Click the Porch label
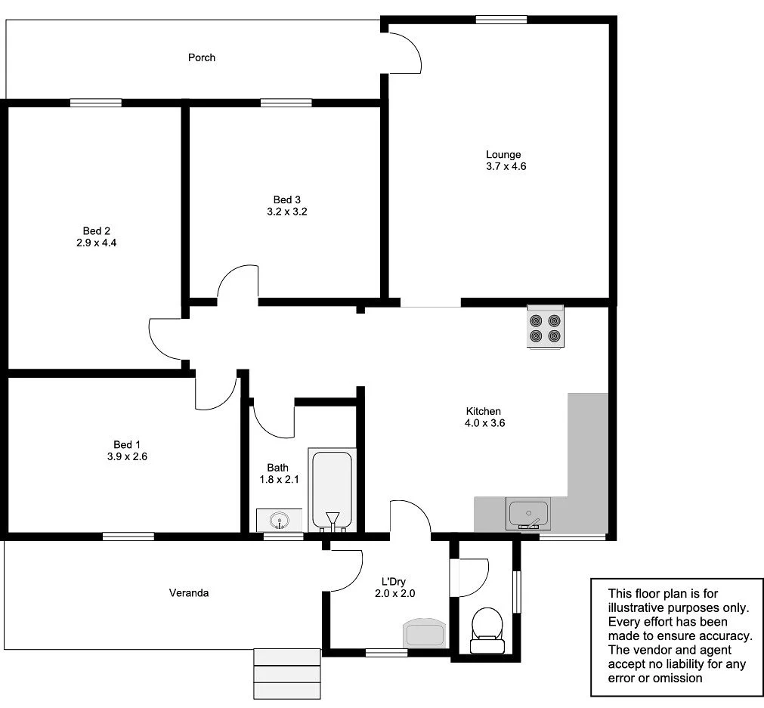pos(202,57)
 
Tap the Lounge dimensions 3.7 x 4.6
pos(506,166)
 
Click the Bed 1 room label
pos(127,444)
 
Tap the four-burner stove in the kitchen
pos(546,327)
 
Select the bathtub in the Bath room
pos(331,489)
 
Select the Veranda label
pos(188,593)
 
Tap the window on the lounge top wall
pos(501,20)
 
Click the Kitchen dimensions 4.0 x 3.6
pos(484,423)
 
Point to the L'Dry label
pos(394,581)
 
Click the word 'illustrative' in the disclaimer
pos(636,608)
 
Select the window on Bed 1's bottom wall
pos(128,536)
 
